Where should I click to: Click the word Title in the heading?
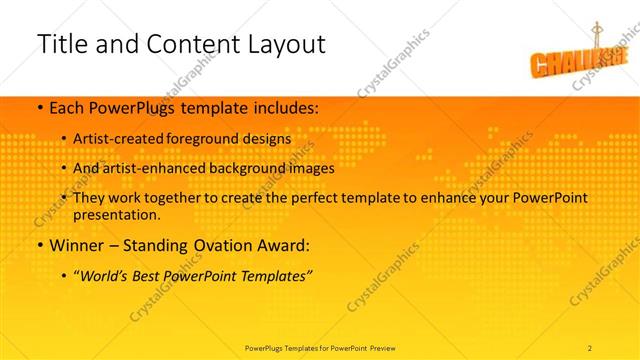tap(59, 45)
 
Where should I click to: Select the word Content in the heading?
tap(183, 45)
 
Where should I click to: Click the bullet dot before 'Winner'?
tap(38, 245)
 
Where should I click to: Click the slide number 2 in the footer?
tap(590, 347)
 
